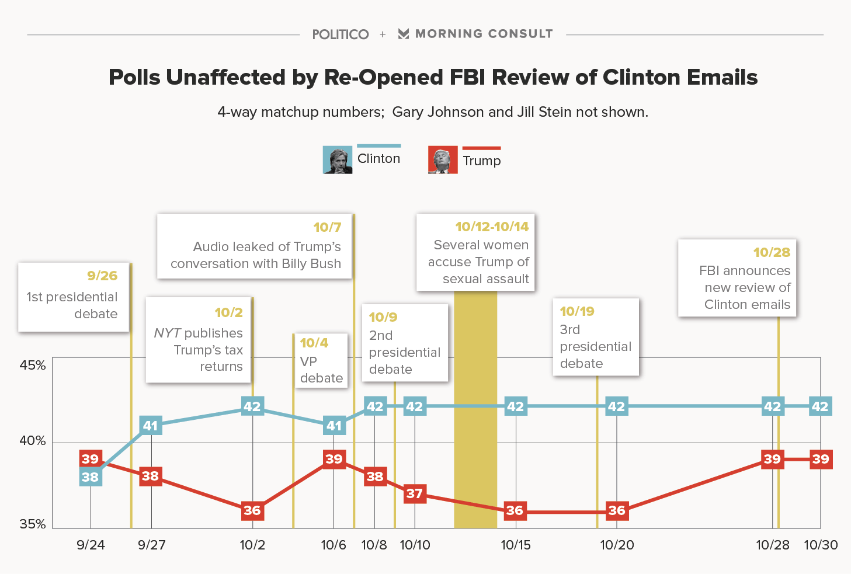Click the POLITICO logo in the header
[340, 34]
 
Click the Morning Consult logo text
[484, 34]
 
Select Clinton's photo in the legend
[338, 160]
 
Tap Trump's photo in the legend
[443, 161]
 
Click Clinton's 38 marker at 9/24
[91, 477]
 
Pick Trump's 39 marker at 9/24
[91, 459]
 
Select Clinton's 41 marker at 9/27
[151, 426]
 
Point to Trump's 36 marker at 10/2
[252, 510]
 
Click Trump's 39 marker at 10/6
[334, 459]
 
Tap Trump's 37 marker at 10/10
[415, 493]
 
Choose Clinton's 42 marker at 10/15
[516, 406]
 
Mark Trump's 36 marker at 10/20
[617, 510]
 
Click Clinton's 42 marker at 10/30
[820, 406]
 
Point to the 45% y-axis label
[33, 366]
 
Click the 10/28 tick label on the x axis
[772, 545]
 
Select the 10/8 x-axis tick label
[374, 545]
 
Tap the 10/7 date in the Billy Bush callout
[327, 227]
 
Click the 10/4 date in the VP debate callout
[314, 343]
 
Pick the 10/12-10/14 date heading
[492, 227]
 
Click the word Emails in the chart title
[722, 78]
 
